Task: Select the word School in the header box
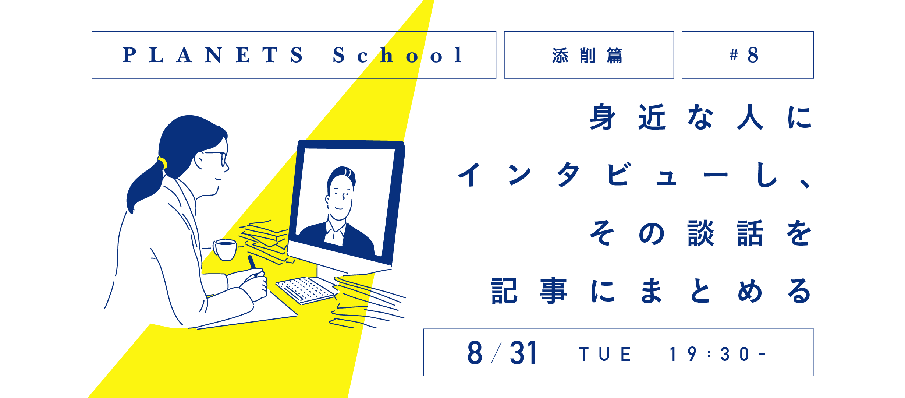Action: click(x=397, y=55)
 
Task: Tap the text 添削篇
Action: click(x=588, y=56)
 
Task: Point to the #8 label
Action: click(x=744, y=55)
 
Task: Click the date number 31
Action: click(x=523, y=353)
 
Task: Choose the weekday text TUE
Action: click(x=605, y=354)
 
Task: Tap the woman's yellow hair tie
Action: click(x=162, y=162)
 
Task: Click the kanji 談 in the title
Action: click(x=700, y=233)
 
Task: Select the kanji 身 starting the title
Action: click(x=603, y=117)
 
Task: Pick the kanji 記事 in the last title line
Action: click(x=529, y=291)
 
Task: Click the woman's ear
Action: click(x=199, y=161)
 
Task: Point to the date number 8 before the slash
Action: click(x=475, y=353)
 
